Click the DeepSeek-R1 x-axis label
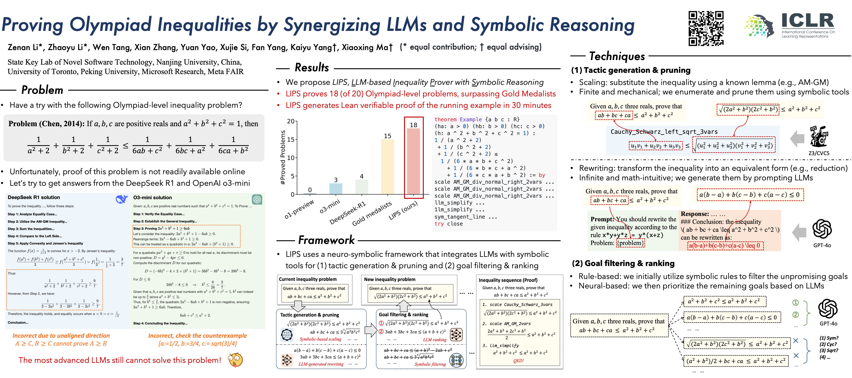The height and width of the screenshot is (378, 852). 348,213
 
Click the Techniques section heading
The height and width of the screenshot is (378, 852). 617,56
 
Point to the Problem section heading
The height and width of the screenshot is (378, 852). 42,90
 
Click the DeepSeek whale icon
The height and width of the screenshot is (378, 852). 121,199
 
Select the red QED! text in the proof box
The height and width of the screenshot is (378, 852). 518,361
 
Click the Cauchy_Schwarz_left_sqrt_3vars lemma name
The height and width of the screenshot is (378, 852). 664,132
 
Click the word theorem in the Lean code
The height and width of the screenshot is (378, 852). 445,119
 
